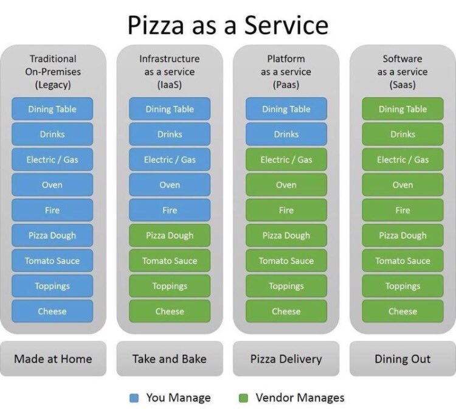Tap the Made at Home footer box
53,358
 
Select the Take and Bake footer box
169,358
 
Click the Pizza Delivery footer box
286,358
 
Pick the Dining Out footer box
402,358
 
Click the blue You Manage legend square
135,398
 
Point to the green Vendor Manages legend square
243,398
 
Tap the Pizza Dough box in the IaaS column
170,235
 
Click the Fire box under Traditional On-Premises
52,210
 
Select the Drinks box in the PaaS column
286,134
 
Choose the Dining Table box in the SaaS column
402,109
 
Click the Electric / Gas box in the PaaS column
286,159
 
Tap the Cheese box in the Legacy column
52,311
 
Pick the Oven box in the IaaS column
170,185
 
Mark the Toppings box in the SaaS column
402,286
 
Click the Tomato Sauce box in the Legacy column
52,260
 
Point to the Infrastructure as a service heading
169,72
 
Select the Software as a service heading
402,72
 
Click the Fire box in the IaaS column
170,210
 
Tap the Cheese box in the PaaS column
286,311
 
